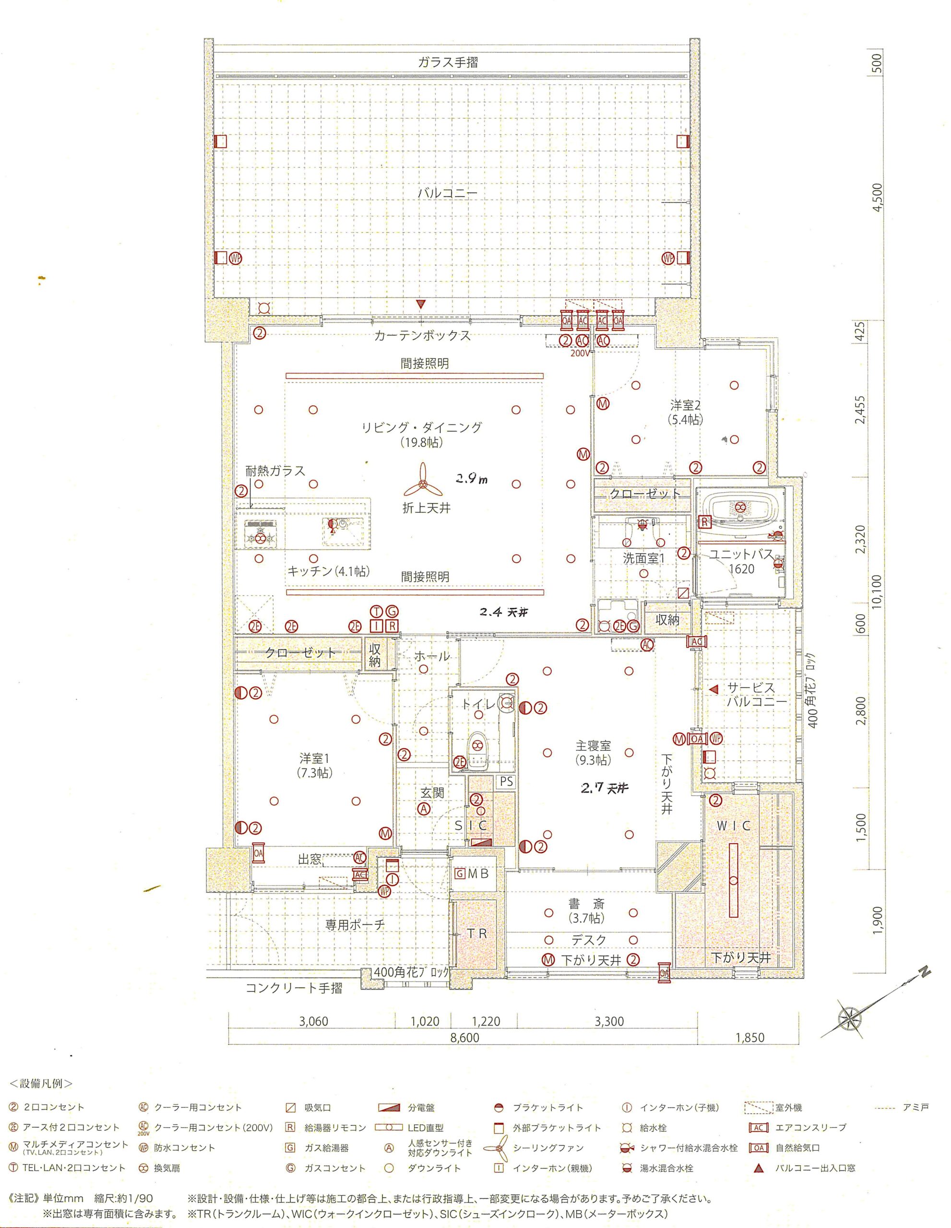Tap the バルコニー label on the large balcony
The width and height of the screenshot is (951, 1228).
coord(447,193)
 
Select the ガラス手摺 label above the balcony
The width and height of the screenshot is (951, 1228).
coord(448,62)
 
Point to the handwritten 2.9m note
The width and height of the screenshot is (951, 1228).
coord(471,479)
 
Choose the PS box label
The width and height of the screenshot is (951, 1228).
coord(506,781)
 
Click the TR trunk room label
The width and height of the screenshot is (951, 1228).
coord(477,933)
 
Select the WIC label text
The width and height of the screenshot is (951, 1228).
coord(733,826)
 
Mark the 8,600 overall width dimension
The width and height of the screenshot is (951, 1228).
coord(464,1038)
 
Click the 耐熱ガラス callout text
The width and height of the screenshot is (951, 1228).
coord(275,471)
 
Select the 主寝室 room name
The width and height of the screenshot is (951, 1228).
coord(593,745)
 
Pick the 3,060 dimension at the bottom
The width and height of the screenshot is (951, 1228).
coord(313,1021)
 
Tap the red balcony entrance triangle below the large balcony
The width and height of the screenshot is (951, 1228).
coord(421,305)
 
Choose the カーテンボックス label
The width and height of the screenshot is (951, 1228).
coord(422,336)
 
